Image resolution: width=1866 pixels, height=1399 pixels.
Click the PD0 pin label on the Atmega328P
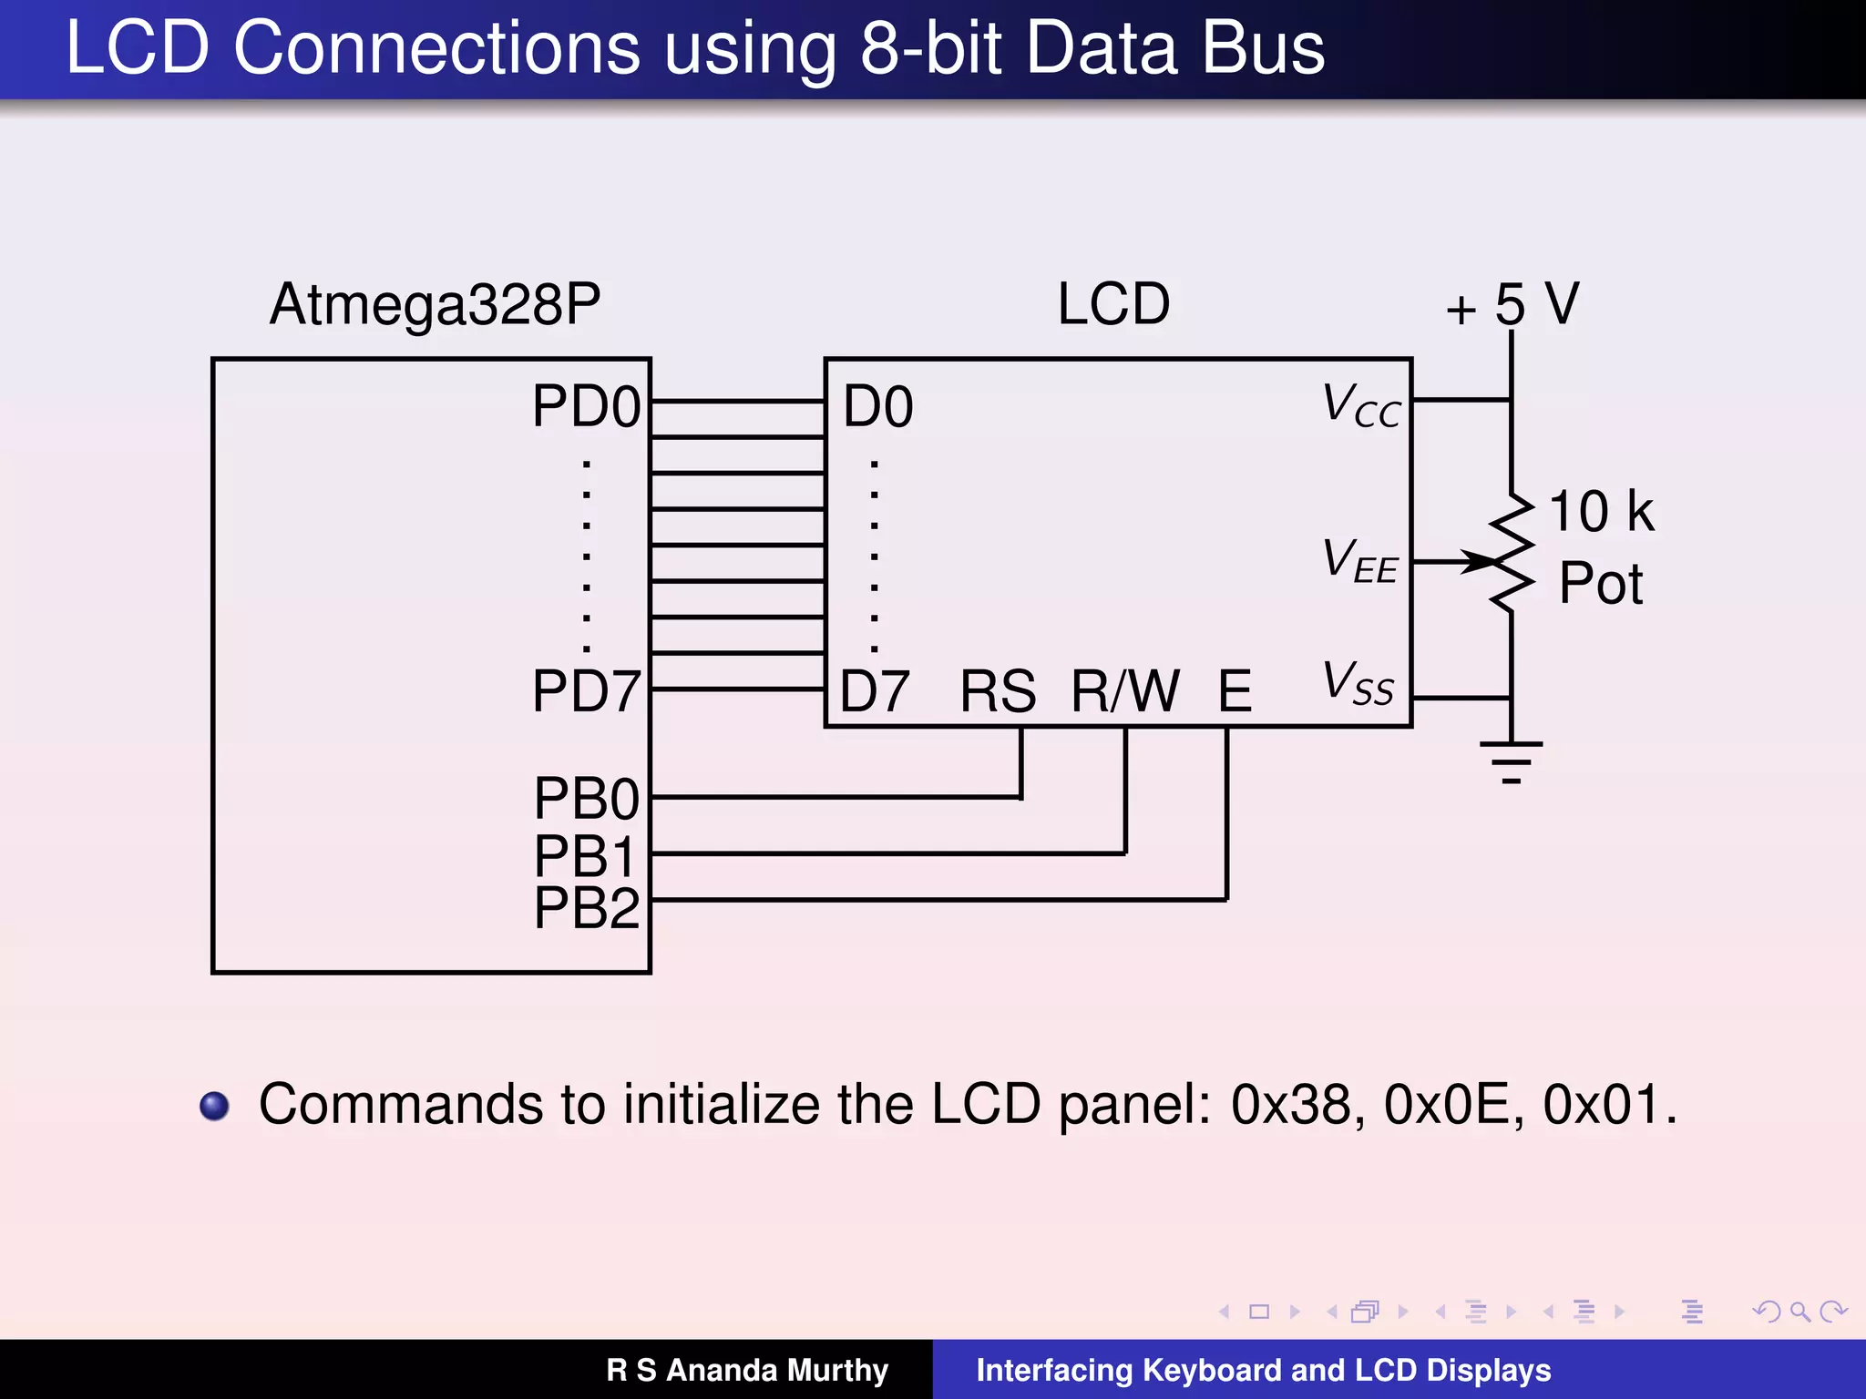pos(587,406)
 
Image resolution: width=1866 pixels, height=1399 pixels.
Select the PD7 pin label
pos(587,691)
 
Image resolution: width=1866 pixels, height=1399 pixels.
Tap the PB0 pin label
pos(587,800)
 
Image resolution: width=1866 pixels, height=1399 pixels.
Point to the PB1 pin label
pos(585,856)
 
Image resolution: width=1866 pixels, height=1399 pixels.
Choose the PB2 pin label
pos(587,908)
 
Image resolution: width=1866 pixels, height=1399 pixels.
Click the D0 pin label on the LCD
pos(877,406)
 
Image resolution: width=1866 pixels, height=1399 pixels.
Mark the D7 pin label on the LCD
pos(875,691)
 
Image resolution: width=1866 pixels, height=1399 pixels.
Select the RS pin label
pos(998,691)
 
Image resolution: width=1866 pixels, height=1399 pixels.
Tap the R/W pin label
pos(1125,691)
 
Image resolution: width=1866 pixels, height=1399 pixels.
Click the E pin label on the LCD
pos(1235,691)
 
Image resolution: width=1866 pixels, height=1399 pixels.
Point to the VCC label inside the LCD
pos(1361,405)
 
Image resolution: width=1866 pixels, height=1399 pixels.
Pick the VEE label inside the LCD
pos(1359,560)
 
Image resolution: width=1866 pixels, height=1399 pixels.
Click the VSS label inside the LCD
pos(1358,683)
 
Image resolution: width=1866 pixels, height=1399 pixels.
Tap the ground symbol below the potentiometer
pos(1512,761)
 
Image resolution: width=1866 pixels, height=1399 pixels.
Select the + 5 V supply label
pos(1512,304)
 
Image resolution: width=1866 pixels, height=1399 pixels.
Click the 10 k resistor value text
pos(1601,512)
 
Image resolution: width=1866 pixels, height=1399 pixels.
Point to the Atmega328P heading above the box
pos(435,304)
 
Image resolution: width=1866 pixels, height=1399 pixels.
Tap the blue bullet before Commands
pos(215,1106)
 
